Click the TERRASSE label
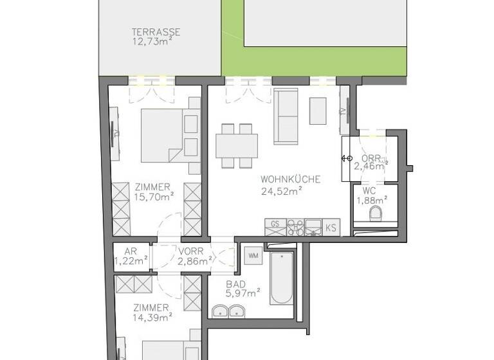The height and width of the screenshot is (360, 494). pyautogui.click(x=155, y=32)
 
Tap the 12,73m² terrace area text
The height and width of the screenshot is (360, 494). pyautogui.click(x=155, y=42)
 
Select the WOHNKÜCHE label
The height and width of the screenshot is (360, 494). pyautogui.click(x=289, y=179)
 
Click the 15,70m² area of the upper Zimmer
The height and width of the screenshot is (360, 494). pyautogui.click(x=152, y=197)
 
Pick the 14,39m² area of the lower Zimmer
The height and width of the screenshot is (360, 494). pyautogui.click(x=152, y=317)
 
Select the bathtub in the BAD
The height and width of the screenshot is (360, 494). pyautogui.click(x=282, y=280)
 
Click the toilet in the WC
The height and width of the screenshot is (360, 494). pyautogui.click(x=378, y=213)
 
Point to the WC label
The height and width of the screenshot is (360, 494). pyautogui.click(x=369, y=191)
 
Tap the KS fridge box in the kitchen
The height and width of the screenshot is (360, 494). pyautogui.click(x=331, y=227)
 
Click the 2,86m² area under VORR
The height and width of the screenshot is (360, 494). pyautogui.click(x=196, y=261)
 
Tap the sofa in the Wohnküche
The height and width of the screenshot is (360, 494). pyautogui.click(x=286, y=116)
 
